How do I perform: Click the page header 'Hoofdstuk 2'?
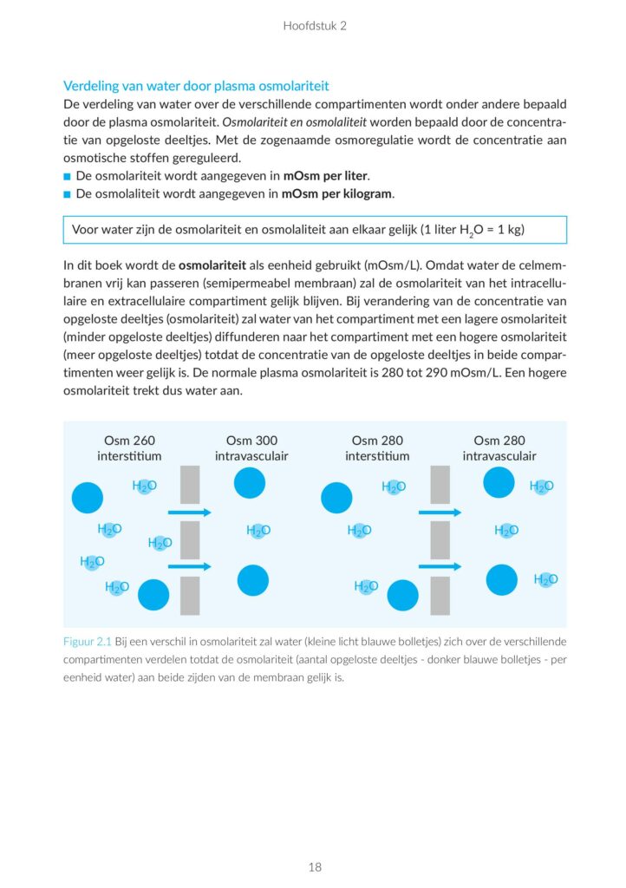(314, 26)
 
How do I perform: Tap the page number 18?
(314, 866)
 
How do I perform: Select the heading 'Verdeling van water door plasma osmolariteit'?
(196, 86)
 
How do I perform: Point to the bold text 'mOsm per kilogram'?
(337, 193)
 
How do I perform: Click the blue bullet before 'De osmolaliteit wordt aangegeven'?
(68, 194)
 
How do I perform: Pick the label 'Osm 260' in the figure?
(129, 441)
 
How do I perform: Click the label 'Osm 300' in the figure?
(251, 441)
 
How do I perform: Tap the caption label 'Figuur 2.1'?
(88, 642)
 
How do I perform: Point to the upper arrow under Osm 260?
(189, 513)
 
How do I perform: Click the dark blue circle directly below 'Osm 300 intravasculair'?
(251, 482)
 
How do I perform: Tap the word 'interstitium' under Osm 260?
(129, 456)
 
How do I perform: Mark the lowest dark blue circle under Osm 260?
(153, 594)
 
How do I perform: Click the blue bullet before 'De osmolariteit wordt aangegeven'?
(68, 176)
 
